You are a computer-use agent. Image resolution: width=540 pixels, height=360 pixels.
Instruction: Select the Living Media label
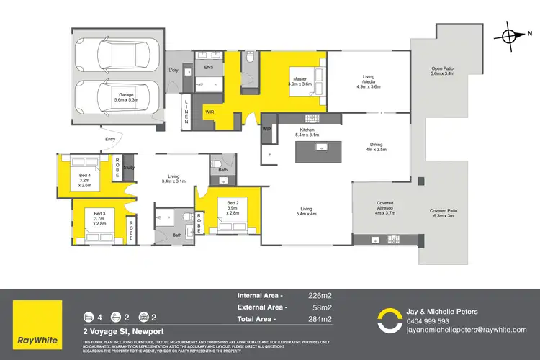point(366,80)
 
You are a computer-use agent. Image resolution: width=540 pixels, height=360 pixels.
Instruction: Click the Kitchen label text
point(307,132)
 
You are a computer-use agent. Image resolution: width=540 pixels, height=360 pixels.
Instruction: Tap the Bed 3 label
point(99,217)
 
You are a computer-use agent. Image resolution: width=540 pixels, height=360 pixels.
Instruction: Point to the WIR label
point(210,112)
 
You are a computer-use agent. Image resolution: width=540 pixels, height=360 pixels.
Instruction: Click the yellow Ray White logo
point(36,318)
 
